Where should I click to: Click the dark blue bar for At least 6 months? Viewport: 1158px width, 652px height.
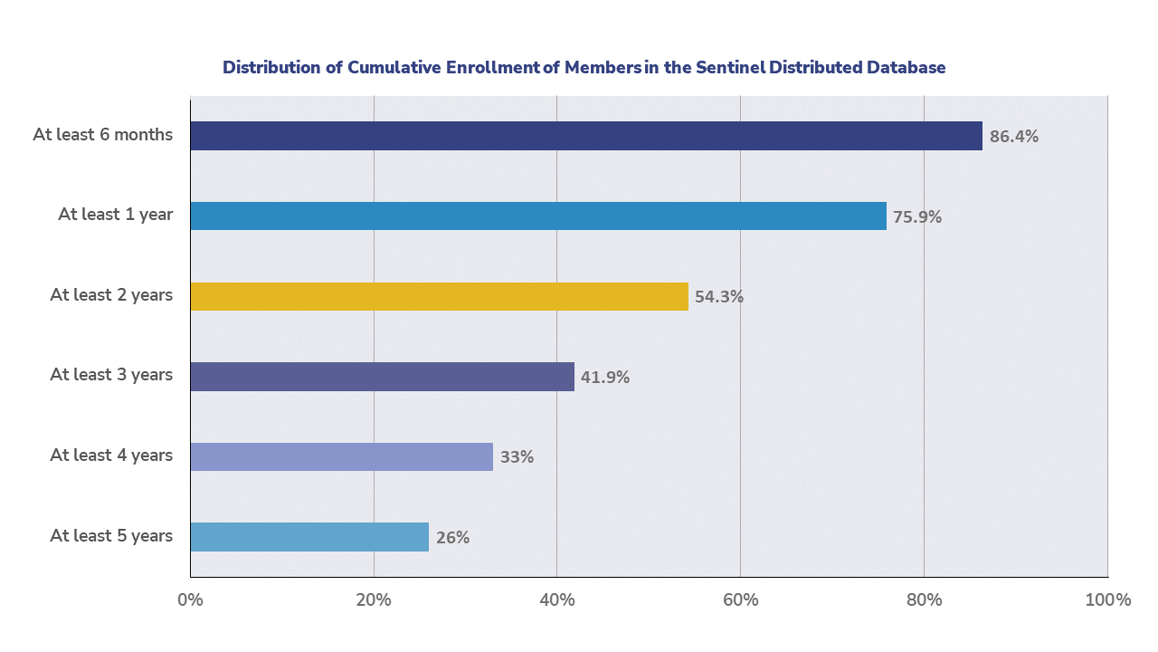pyautogui.click(x=586, y=136)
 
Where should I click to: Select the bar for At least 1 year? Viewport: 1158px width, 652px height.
pyautogui.click(x=538, y=216)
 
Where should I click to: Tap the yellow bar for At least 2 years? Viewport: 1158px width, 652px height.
pyautogui.click(x=439, y=296)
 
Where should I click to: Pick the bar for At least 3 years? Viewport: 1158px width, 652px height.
pyautogui.click(x=382, y=376)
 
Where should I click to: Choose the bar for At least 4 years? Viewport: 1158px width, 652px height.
pyautogui.click(x=341, y=456)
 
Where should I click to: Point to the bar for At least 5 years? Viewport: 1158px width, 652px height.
pyautogui.click(x=309, y=536)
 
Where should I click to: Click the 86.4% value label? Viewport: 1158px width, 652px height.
pyautogui.click(x=1013, y=137)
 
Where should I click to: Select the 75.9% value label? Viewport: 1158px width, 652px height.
pyautogui.click(x=917, y=217)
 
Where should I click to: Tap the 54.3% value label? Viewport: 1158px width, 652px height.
pyautogui.click(x=719, y=297)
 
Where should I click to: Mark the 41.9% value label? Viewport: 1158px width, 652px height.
pyautogui.click(x=605, y=377)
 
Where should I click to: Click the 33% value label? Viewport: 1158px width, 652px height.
pyautogui.click(x=517, y=457)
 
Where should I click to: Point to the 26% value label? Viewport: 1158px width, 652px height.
pyautogui.click(x=452, y=537)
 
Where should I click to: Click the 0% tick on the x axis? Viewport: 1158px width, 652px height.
pyautogui.click(x=190, y=599)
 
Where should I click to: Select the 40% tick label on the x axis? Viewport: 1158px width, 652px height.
pyautogui.click(x=556, y=599)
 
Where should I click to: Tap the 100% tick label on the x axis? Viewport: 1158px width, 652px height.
pyautogui.click(x=1107, y=599)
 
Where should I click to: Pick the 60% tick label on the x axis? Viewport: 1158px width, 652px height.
pyautogui.click(x=740, y=599)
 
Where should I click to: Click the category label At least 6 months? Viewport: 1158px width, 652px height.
pyautogui.click(x=102, y=135)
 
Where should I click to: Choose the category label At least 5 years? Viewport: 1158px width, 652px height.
pyautogui.click(x=111, y=535)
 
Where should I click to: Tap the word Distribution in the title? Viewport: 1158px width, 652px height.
pyautogui.click(x=271, y=68)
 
